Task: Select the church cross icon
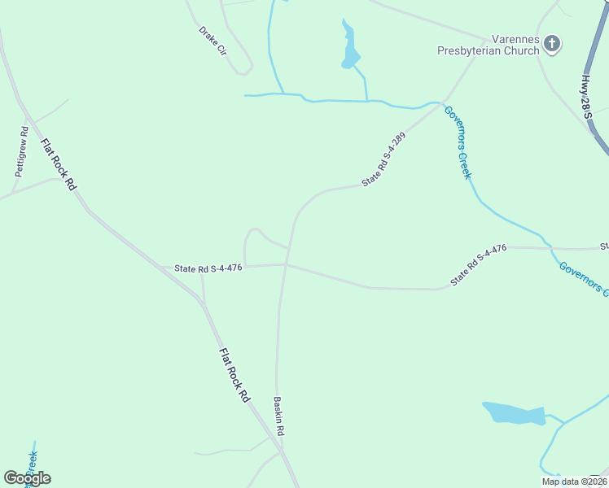tap(552, 43)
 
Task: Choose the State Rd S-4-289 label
tap(383, 160)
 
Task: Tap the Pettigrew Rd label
tap(22, 151)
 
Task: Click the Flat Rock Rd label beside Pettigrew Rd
tap(60, 163)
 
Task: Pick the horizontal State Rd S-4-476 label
tap(208, 268)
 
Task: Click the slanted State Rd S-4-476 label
tap(480, 265)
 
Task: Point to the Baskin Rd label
tap(278, 414)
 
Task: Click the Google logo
tap(27, 478)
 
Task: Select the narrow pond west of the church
tap(350, 47)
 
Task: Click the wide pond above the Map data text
tap(514, 413)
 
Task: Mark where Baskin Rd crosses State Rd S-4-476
tap(285, 264)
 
